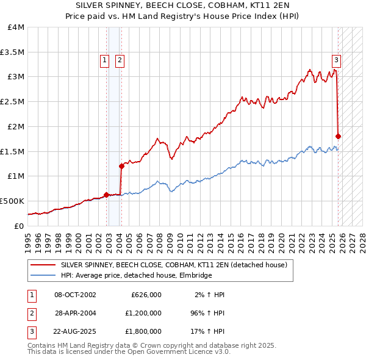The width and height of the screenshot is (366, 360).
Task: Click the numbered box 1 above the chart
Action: click(104, 60)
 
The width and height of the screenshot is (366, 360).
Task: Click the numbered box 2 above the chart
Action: click(120, 60)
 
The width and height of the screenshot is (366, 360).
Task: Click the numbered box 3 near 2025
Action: click(336, 60)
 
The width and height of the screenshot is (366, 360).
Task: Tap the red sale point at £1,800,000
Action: click(339, 136)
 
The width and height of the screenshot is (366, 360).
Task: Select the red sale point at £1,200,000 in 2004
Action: click(121, 165)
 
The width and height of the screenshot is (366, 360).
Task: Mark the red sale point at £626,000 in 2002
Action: click(106, 195)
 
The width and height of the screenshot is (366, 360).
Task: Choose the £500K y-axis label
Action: click(12, 201)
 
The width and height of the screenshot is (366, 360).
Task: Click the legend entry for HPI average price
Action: click(136, 276)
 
